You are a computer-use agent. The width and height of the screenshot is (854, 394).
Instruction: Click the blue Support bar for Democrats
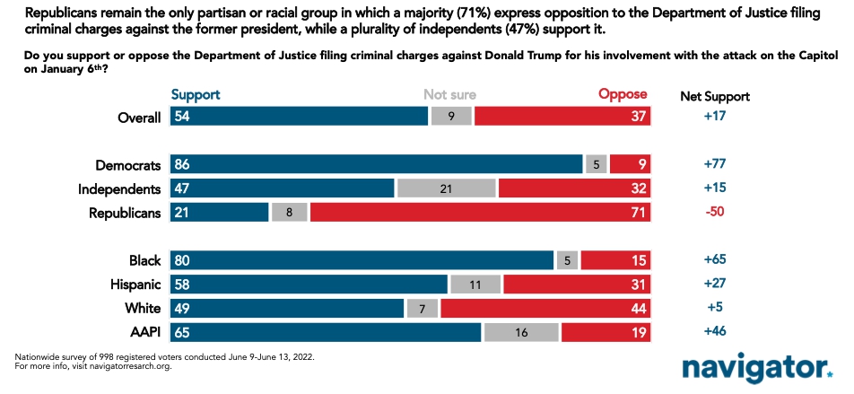pos(376,165)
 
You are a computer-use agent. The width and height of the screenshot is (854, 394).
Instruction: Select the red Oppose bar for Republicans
pos(480,213)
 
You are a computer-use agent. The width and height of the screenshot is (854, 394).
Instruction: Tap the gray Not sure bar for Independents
pos(446,188)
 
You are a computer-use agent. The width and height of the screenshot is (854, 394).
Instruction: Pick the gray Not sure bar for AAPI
pos(522,332)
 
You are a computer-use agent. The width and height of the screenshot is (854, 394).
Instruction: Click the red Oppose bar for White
pos(545,308)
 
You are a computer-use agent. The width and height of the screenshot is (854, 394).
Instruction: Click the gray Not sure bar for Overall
pos(451,117)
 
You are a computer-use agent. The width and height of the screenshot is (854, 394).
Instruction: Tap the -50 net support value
pos(714,213)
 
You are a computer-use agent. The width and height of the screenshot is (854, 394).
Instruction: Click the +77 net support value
pos(714,165)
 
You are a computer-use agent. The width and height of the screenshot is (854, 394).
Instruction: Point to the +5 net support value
pos(714,308)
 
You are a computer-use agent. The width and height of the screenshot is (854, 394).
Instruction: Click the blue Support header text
pos(195,94)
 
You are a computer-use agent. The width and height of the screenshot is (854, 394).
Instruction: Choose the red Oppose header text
pos(623,94)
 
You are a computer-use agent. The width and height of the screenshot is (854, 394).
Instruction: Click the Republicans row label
pos(125,213)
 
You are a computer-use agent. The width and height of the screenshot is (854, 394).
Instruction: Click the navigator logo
pos(756,367)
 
